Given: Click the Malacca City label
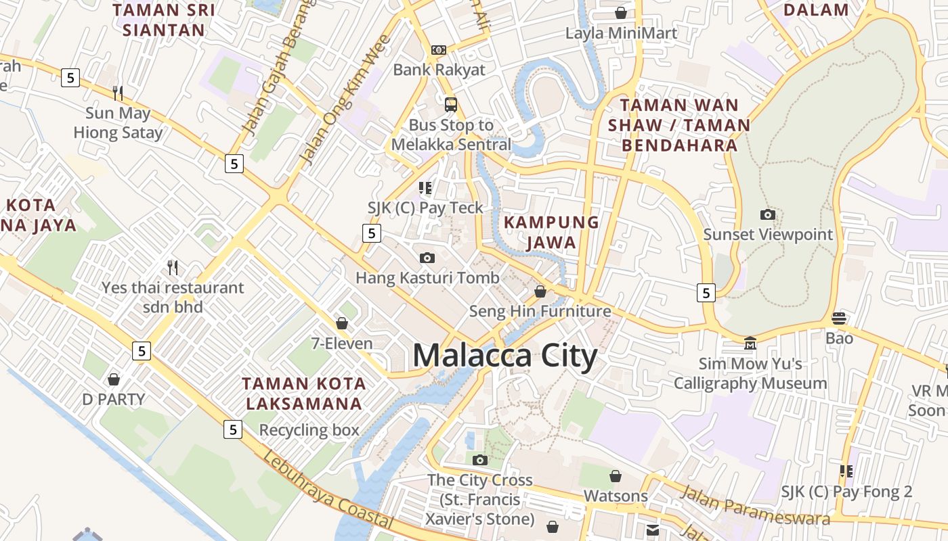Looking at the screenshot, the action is click(504, 356).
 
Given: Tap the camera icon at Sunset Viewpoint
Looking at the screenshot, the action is click(767, 215).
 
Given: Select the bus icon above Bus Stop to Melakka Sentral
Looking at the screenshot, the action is click(451, 104).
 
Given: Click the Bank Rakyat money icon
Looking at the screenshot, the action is click(439, 50).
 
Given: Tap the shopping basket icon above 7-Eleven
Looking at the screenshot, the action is click(342, 323).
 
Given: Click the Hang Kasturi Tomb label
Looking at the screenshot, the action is click(427, 277).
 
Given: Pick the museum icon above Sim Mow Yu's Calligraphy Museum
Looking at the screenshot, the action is click(750, 344).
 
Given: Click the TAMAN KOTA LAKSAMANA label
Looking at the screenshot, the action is click(304, 394).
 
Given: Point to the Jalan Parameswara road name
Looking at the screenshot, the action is click(755, 505).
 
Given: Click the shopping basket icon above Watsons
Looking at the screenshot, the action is click(616, 476).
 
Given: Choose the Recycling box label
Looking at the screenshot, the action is click(309, 430).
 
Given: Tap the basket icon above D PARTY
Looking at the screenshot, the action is click(114, 379).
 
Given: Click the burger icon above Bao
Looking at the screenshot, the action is click(839, 318).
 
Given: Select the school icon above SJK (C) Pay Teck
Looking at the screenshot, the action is click(425, 187).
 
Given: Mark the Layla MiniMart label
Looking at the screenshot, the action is click(621, 33).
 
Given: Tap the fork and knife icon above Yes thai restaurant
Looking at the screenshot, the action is click(173, 267).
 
